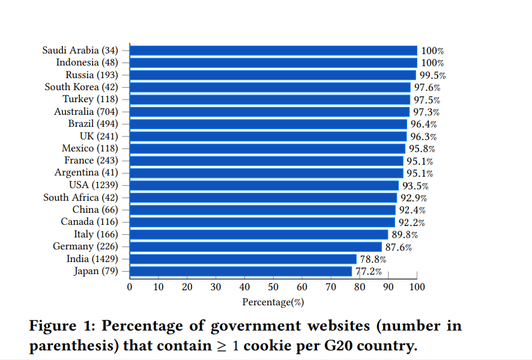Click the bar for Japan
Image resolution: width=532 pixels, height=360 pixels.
241,271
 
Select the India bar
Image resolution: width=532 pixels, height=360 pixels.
243,259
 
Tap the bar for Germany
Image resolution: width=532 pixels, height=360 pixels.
256,246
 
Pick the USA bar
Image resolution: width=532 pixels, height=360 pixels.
264,185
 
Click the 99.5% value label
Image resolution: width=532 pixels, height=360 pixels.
432,75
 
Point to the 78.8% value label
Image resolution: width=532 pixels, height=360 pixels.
373,260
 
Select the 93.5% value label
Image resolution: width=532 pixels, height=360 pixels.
415,186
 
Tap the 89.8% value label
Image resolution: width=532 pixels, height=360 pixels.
404,235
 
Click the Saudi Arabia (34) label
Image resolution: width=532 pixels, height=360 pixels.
80,50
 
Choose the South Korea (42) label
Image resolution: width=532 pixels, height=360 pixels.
82,87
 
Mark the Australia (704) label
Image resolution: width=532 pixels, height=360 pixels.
86,112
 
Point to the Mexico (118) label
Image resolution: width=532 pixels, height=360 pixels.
90,148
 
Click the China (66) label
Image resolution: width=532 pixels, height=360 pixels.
95,210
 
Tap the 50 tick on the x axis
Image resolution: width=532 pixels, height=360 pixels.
273,287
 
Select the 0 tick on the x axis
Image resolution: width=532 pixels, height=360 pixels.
130,287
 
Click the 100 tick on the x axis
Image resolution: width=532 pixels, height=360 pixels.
417,287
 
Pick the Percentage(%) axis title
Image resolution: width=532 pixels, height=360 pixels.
273,302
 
